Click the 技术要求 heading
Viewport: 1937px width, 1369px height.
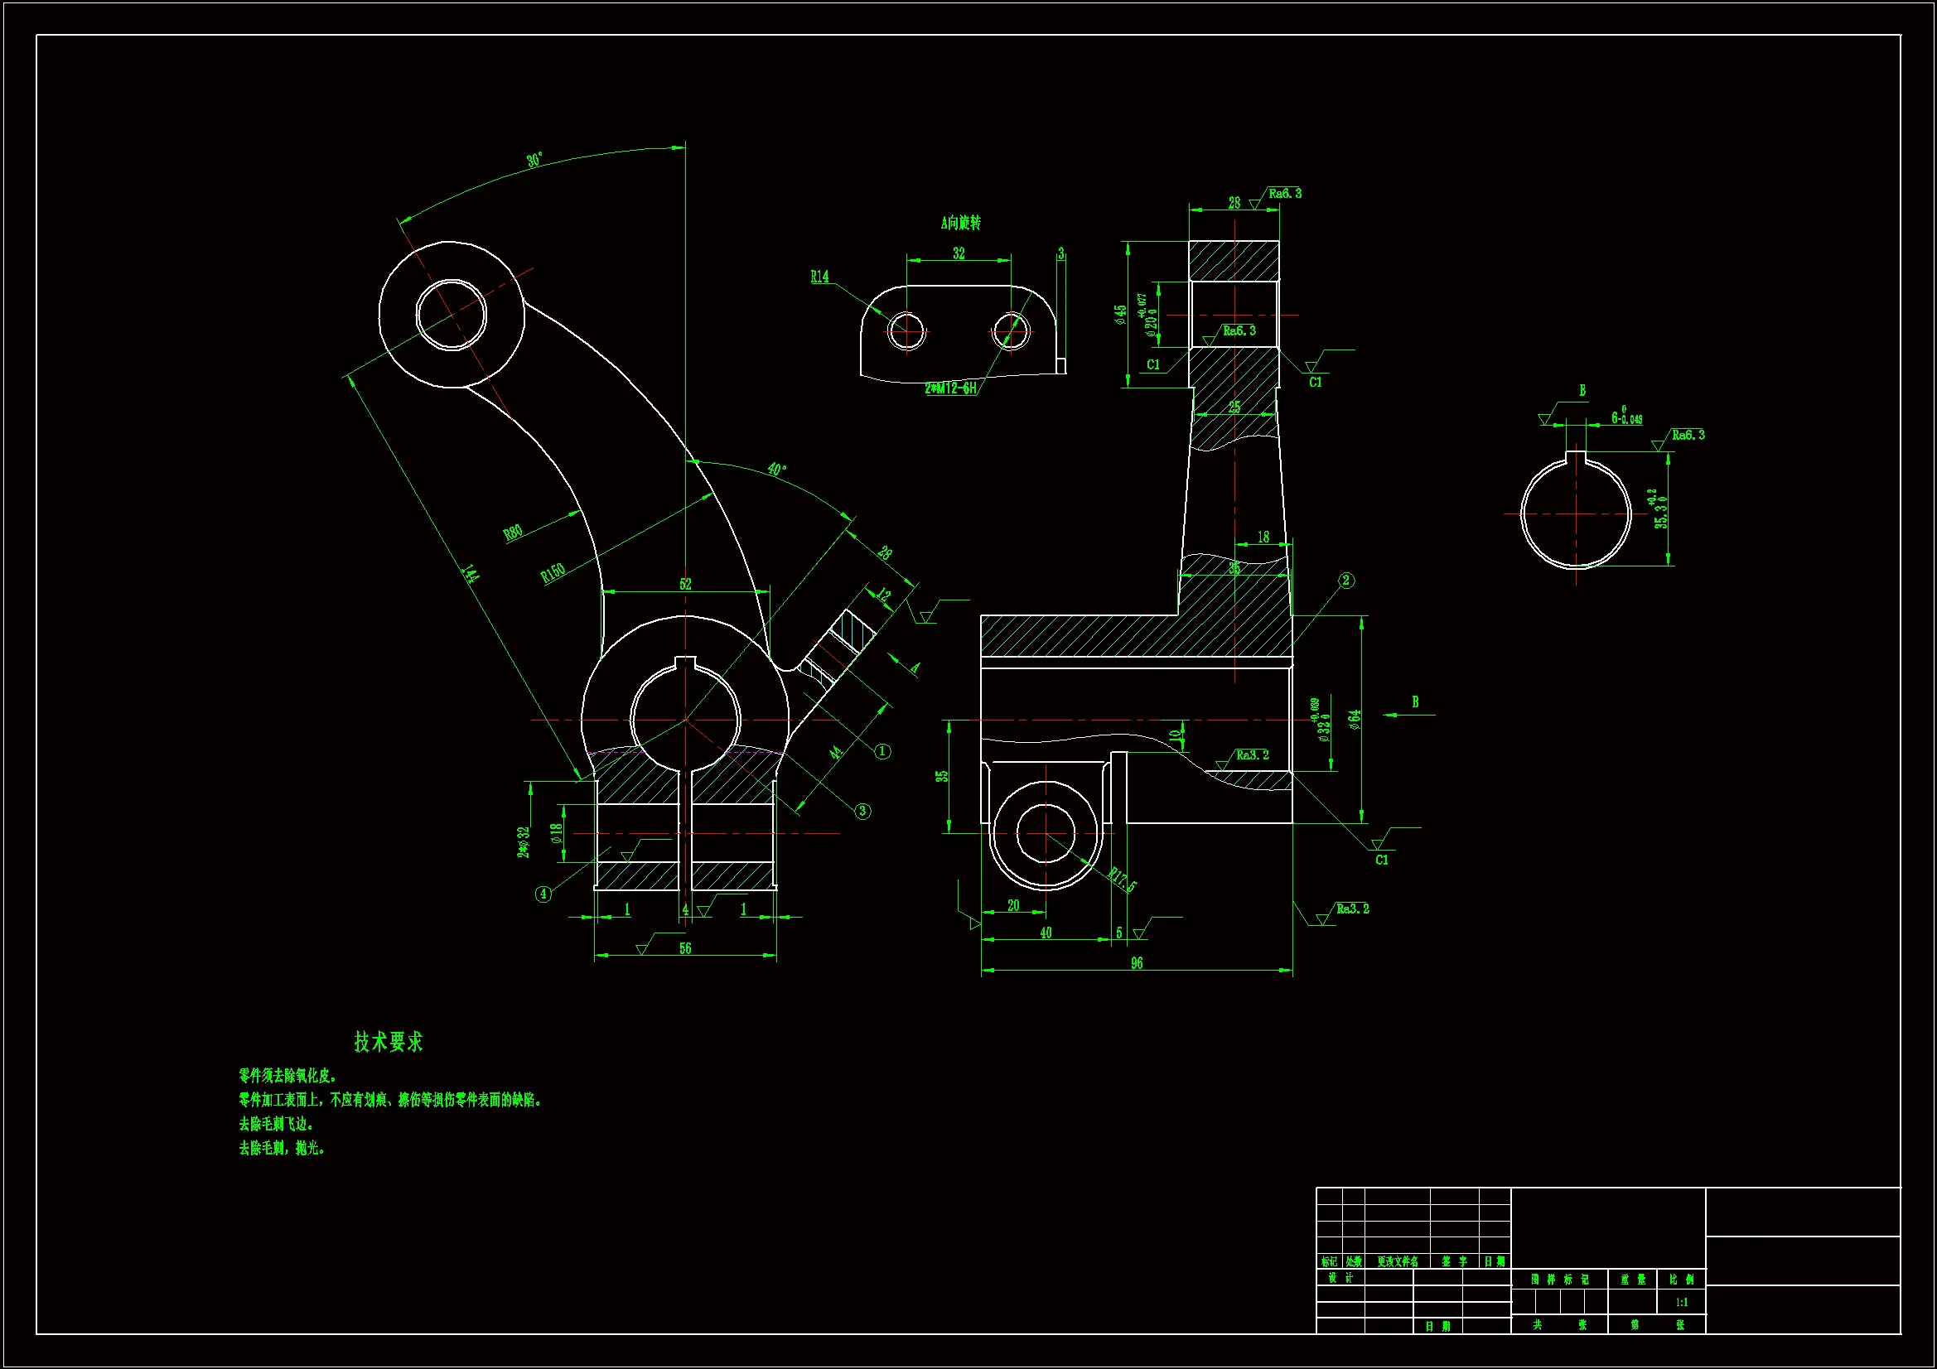pyautogui.click(x=388, y=1043)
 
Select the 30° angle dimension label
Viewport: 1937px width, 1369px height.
pyautogui.click(x=535, y=161)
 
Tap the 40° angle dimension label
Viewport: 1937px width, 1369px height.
pyautogui.click(x=777, y=469)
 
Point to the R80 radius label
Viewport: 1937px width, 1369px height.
pyautogui.click(x=513, y=533)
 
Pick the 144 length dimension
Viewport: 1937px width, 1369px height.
pyautogui.click(x=470, y=575)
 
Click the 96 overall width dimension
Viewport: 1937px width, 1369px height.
pyautogui.click(x=1137, y=963)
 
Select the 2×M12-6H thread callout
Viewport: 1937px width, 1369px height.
pyautogui.click(x=951, y=388)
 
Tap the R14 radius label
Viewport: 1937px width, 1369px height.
pyautogui.click(x=819, y=277)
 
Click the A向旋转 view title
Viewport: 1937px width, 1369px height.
pyautogui.click(x=961, y=223)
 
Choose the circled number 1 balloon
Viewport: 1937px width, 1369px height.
pyautogui.click(x=882, y=750)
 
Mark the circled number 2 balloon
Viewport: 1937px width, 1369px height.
pyautogui.click(x=1346, y=581)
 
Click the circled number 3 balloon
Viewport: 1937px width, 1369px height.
pyautogui.click(x=862, y=811)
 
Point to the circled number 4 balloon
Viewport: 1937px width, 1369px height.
pyautogui.click(x=543, y=894)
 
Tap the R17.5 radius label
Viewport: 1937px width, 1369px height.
pyautogui.click(x=1123, y=880)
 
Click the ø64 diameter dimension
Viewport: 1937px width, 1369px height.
pyautogui.click(x=1355, y=719)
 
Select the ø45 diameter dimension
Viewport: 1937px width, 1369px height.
pyautogui.click(x=1120, y=315)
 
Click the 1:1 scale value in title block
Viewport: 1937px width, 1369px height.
pyautogui.click(x=1681, y=1303)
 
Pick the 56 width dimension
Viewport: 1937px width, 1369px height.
pyautogui.click(x=685, y=949)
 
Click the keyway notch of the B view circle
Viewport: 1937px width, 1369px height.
pyautogui.click(x=1576, y=458)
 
